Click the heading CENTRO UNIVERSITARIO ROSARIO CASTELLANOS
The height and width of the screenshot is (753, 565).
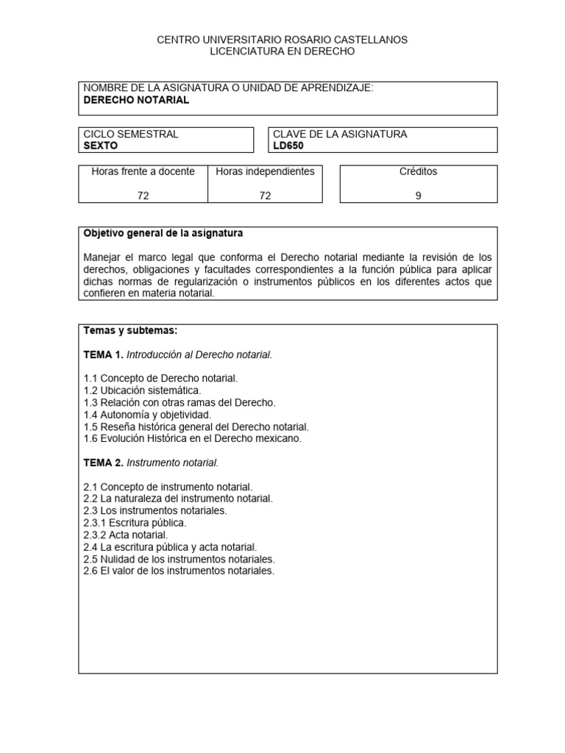pos(282,39)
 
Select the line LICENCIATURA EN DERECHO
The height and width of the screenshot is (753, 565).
pos(282,51)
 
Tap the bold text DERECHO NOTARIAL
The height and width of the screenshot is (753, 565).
pos(136,101)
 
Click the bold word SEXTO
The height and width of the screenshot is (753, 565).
pos(101,146)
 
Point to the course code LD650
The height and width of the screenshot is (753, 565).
pos(288,146)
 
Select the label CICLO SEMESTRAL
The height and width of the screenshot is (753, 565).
pos(131,134)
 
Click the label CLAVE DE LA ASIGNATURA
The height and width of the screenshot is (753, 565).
pos(339,134)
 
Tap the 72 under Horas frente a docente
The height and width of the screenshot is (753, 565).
pos(143,196)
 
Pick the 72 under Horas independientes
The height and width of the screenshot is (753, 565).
pos(265,196)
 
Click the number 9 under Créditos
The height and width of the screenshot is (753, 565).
pos(418,196)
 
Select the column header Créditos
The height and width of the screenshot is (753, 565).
pos(418,171)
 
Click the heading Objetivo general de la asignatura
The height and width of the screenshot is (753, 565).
pos(163,233)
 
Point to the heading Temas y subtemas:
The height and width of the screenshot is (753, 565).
pos(130,331)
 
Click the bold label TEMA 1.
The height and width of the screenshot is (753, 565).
pos(104,354)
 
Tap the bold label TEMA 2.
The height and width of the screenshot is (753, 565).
pos(104,463)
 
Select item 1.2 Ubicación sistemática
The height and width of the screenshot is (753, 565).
pos(142,390)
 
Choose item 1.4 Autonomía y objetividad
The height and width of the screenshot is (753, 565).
pos(147,414)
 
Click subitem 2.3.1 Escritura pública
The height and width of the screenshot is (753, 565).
pos(135,523)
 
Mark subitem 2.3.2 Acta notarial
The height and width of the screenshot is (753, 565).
pos(126,535)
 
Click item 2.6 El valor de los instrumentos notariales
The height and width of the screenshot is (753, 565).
pos(179,571)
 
